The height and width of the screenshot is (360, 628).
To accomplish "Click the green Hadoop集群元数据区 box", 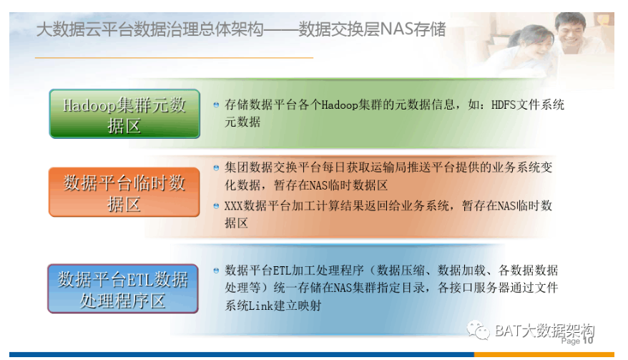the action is [124, 114].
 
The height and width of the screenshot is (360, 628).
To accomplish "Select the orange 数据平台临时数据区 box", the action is [124, 192].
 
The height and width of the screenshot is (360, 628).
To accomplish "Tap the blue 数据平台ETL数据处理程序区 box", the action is [123, 288].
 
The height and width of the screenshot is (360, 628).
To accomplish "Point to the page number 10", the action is [587, 341].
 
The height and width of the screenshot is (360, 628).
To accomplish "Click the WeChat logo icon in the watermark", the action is [479, 331].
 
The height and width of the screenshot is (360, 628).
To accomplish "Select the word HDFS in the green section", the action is [504, 104].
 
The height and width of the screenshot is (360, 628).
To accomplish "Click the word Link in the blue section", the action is [261, 306].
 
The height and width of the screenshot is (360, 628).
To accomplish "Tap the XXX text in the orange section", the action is [233, 206].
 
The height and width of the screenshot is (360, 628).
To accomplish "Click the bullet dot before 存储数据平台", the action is [216, 105].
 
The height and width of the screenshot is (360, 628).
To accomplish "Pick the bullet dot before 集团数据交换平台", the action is [216, 167].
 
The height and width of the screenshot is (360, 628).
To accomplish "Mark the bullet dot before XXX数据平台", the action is [216, 206].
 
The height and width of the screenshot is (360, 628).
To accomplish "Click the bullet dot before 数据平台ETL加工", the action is [216, 271].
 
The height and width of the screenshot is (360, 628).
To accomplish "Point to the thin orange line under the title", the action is [175, 58].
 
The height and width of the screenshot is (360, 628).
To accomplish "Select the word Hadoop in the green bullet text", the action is [340, 105].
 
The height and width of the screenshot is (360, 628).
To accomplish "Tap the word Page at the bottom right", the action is [570, 341].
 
